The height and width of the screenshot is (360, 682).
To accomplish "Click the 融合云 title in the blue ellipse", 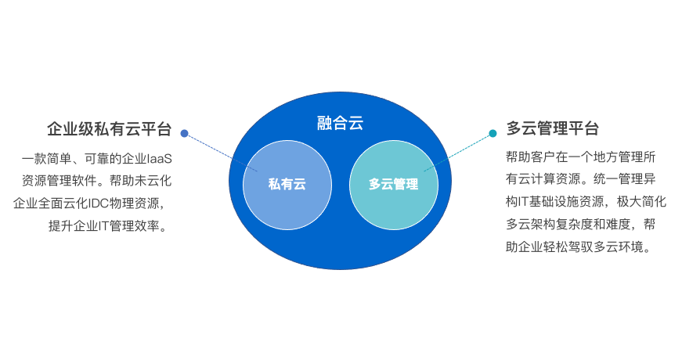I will point(340,123).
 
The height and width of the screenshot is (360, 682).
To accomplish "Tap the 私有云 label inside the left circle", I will point(287,185).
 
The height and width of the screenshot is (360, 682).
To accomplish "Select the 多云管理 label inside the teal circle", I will point(393,185).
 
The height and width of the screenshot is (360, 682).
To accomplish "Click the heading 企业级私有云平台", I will point(109,129).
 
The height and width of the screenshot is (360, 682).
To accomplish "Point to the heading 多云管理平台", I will point(553,128).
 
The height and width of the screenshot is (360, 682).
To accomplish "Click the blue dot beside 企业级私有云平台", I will point(184,133).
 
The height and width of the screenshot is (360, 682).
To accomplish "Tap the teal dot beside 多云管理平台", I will point(493,133).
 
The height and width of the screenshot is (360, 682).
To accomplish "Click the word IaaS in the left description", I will point(159,159).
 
